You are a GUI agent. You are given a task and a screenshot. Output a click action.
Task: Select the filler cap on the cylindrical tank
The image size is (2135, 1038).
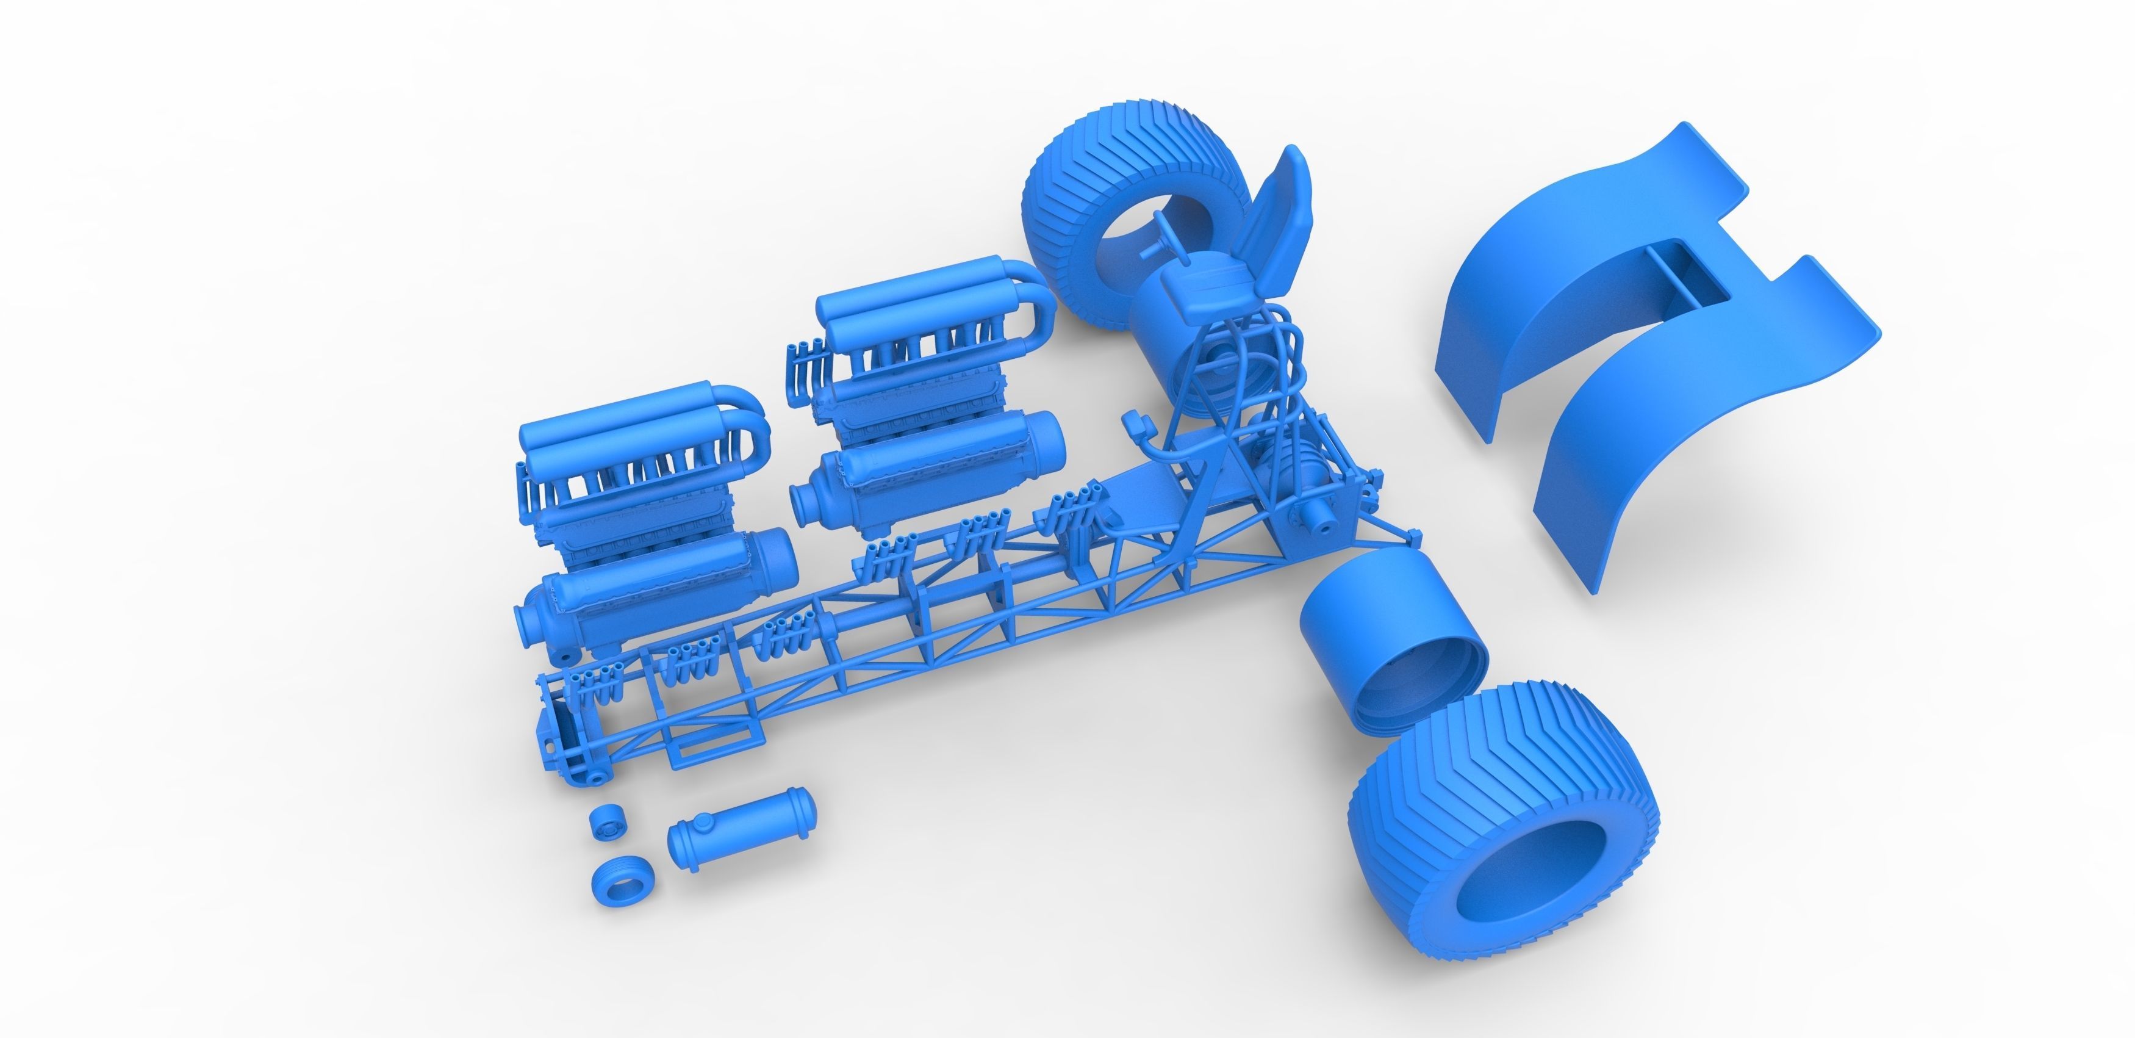pyautogui.click(x=703, y=821)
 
